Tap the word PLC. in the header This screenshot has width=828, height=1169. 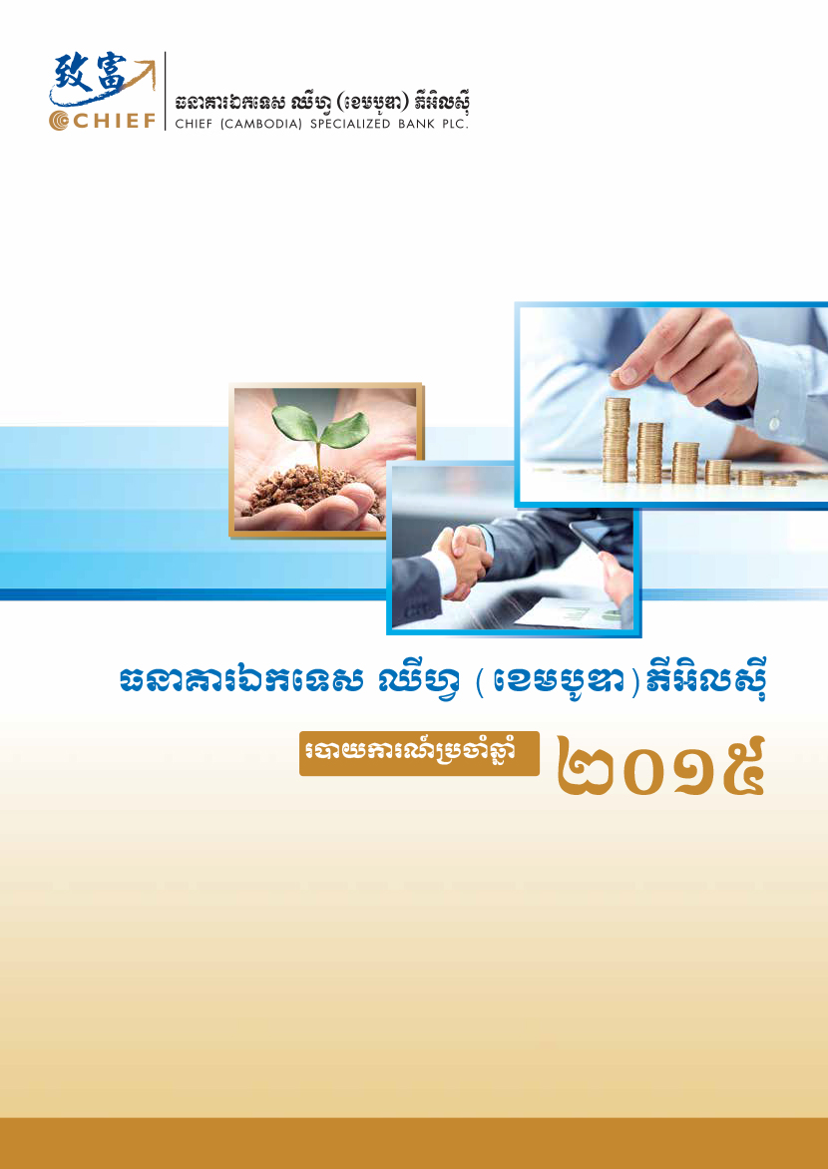(x=456, y=124)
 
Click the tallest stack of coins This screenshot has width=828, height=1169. (x=617, y=440)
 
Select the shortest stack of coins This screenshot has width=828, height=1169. (x=784, y=482)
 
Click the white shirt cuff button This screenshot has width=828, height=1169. (x=774, y=423)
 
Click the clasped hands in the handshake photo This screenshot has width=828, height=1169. (x=461, y=564)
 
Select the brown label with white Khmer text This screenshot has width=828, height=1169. (x=419, y=753)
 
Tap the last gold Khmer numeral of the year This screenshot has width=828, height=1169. (x=737, y=766)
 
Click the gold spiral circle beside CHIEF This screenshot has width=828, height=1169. (x=59, y=121)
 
